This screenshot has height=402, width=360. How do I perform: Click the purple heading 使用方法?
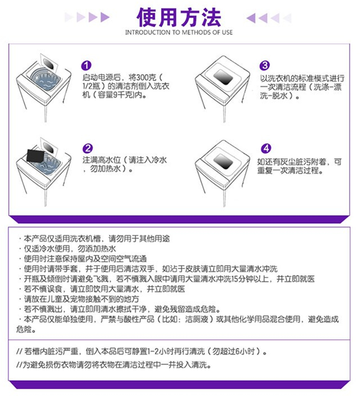coord(179,17)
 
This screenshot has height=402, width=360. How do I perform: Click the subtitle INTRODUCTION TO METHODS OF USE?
coord(179,33)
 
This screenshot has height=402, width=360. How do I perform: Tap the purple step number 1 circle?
coord(86,65)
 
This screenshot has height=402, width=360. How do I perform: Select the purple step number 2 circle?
coord(88,148)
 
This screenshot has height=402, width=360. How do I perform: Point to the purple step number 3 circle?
coord(264,65)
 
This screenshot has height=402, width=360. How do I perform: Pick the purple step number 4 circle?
coord(266,148)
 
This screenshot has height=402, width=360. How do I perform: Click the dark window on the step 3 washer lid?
coord(223,77)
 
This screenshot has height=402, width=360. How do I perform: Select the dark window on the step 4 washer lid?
coord(223,161)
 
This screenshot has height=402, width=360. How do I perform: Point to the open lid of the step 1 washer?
coord(48,63)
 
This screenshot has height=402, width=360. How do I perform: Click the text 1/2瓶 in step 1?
coord(92,86)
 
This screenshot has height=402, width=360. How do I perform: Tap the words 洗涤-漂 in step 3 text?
coord(328,87)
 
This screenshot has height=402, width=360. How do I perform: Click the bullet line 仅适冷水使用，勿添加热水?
coord(67,249)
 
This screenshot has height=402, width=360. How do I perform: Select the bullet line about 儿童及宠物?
coord(79,299)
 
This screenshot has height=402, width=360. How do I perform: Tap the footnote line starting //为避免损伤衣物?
coord(114,365)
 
